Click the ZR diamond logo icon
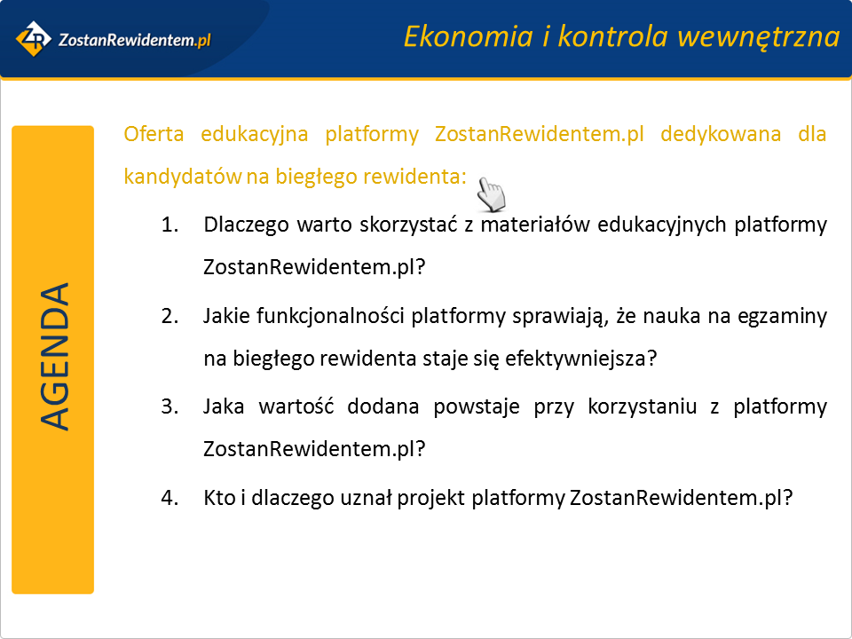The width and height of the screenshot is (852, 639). (x=34, y=39)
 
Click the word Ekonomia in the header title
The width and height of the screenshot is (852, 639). (x=469, y=37)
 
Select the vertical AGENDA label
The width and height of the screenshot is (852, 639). (x=54, y=357)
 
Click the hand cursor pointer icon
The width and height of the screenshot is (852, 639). (x=491, y=194)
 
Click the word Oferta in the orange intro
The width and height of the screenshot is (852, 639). (x=154, y=134)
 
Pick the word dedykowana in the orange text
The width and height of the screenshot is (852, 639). (x=721, y=134)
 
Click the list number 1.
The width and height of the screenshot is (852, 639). (x=170, y=225)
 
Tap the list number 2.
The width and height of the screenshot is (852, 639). (x=170, y=316)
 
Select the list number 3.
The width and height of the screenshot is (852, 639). (x=170, y=406)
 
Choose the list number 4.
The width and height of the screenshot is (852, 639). (x=170, y=498)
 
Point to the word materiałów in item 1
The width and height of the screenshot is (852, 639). (x=534, y=225)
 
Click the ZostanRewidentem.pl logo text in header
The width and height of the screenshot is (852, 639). (x=134, y=40)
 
